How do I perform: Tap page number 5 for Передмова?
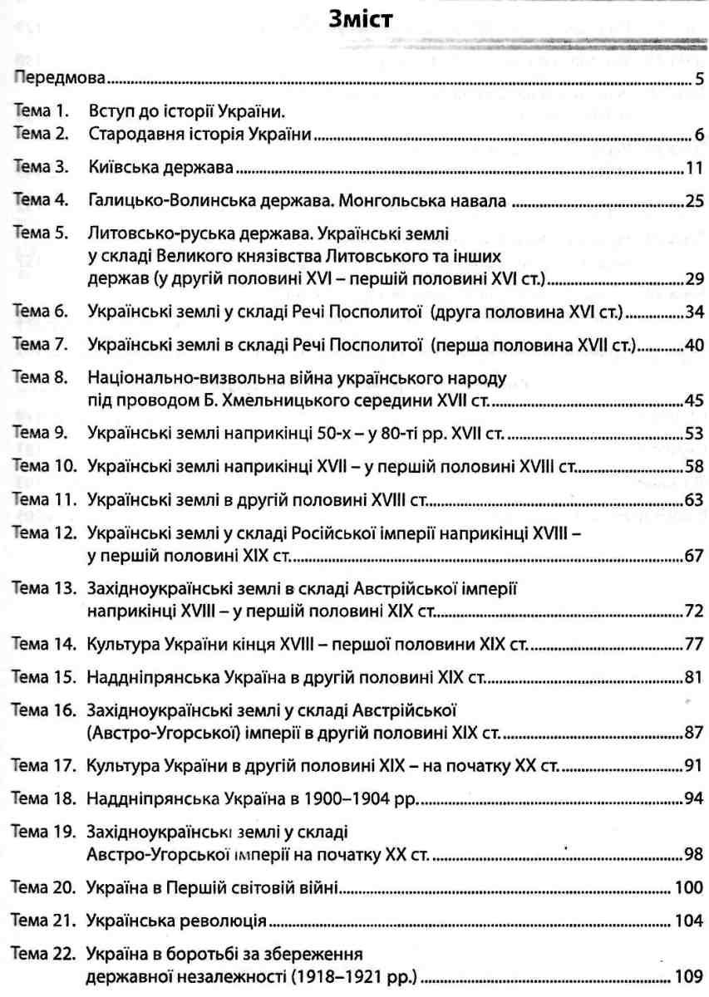(x=700, y=81)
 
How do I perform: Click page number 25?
(x=695, y=202)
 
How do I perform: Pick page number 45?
(x=695, y=381)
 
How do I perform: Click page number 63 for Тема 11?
(x=695, y=500)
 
